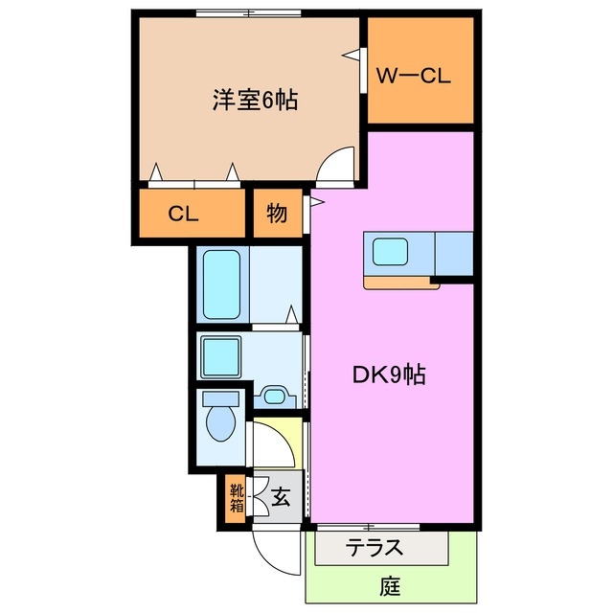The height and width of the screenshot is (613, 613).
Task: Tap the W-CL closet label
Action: point(413,77)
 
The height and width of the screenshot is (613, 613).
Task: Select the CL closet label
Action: point(183,214)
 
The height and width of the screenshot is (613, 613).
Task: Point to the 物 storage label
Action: point(276,214)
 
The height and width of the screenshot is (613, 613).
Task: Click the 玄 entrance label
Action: point(281,496)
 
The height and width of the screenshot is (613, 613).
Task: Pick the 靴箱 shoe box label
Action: point(236,498)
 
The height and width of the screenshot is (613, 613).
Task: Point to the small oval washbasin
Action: point(277,396)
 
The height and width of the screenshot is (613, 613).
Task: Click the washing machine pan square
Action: point(224,358)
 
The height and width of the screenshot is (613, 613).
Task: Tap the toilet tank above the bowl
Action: point(221,397)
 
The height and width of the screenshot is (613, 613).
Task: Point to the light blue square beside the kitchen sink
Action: point(454,253)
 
